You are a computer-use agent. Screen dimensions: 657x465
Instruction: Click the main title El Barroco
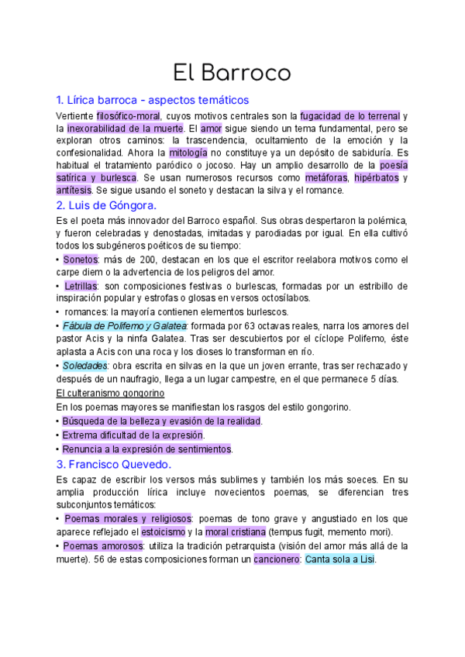click(232, 73)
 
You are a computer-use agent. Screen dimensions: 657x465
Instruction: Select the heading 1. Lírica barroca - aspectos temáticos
click(153, 100)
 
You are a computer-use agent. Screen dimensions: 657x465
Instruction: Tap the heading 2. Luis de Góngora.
click(107, 205)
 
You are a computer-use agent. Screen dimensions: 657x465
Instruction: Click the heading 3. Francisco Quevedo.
click(114, 465)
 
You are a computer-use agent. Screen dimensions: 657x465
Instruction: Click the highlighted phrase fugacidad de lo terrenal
click(350, 115)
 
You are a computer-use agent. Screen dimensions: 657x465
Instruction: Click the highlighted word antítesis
click(74, 190)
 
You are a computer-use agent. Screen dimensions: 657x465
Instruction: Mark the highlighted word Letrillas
click(81, 286)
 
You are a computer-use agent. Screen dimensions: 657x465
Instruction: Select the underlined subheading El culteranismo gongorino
click(111, 394)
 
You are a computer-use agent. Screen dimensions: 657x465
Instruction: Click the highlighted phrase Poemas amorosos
click(97, 545)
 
